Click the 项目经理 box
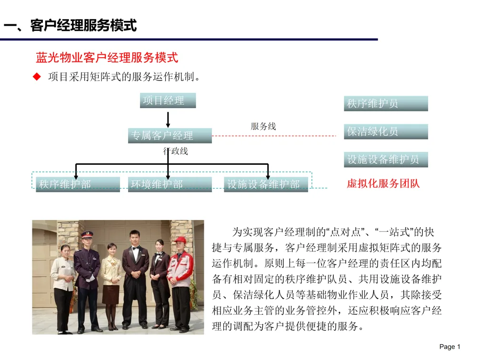168,100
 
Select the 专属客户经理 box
170,136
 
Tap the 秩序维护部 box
78,184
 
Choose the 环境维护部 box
170,184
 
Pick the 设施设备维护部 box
266,184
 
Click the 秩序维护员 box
386,104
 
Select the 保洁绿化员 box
386,132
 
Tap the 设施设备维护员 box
386,160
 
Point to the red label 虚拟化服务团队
383,183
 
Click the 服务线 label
263,127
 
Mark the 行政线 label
176,151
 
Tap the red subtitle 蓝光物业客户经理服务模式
107,58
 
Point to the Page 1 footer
450,347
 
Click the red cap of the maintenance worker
180,240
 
